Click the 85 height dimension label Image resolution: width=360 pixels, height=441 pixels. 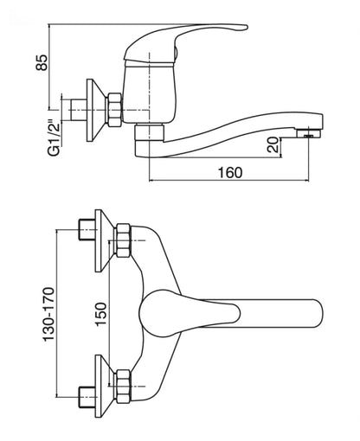click(x=42, y=62)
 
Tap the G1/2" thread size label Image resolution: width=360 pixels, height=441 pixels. click(x=55, y=137)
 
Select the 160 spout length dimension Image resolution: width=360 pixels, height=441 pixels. click(x=230, y=172)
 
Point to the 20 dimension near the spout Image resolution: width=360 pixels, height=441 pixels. click(x=273, y=144)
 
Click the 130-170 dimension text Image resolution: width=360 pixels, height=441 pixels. click(x=48, y=314)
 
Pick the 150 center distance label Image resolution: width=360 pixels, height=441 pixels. click(x=101, y=314)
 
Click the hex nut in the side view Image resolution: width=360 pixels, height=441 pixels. click(x=114, y=110)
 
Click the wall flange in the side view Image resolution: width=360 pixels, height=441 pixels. click(x=95, y=110)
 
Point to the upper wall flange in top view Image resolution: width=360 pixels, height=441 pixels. click(x=105, y=240)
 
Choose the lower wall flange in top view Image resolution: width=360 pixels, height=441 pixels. click(x=105, y=386)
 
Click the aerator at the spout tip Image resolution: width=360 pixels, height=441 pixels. click(x=309, y=133)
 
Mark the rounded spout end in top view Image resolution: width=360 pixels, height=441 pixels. click(x=316, y=314)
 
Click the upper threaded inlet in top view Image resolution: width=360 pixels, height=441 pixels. click(x=87, y=229)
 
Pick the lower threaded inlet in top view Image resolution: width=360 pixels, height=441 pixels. click(x=87, y=397)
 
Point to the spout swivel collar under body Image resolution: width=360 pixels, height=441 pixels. click(x=150, y=133)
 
